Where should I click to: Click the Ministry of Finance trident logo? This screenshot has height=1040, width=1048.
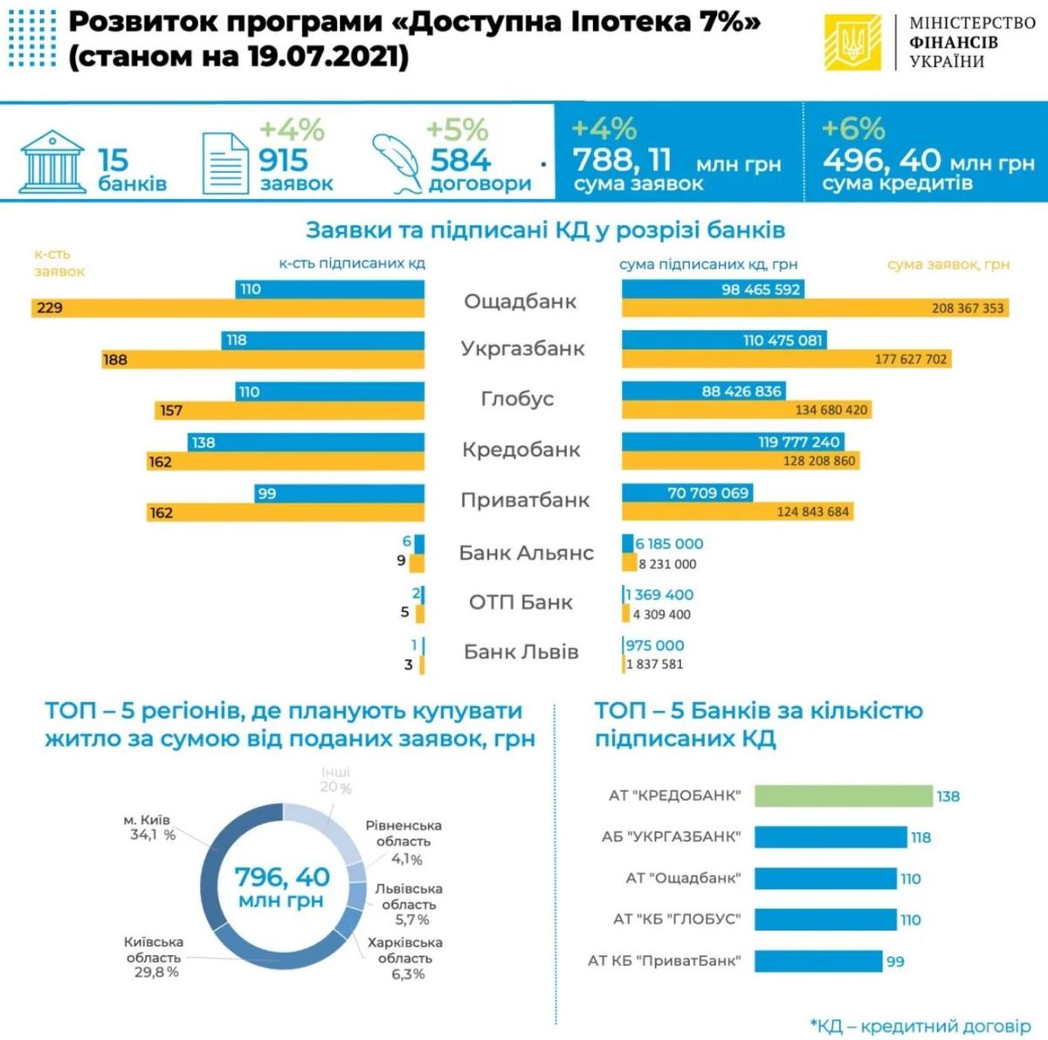click(x=852, y=43)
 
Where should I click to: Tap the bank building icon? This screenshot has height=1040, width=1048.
click(x=52, y=162)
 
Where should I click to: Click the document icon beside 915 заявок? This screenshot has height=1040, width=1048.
click(x=225, y=163)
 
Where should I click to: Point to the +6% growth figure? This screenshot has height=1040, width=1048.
click(x=853, y=129)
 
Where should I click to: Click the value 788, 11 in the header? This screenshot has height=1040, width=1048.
click(x=622, y=160)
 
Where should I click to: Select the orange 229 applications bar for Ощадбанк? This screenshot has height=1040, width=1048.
click(x=228, y=308)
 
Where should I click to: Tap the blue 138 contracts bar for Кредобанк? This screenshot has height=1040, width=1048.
click(x=306, y=442)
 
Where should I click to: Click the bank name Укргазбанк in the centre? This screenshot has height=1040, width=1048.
click(x=522, y=348)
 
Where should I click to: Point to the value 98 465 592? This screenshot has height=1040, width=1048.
click(x=761, y=289)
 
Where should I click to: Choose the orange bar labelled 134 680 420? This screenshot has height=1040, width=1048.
click(x=747, y=410)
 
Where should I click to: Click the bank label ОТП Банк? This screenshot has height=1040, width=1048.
click(x=521, y=603)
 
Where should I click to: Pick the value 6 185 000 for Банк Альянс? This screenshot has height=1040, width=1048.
click(x=669, y=543)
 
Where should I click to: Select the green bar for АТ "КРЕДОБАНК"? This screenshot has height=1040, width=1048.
click(x=844, y=796)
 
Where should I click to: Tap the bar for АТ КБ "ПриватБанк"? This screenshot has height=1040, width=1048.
click(x=818, y=961)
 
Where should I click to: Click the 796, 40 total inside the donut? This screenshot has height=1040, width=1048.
click(x=282, y=878)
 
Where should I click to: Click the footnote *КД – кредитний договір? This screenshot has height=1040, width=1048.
click(x=920, y=1026)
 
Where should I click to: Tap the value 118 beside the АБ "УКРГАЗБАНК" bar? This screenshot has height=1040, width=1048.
click(x=920, y=837)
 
